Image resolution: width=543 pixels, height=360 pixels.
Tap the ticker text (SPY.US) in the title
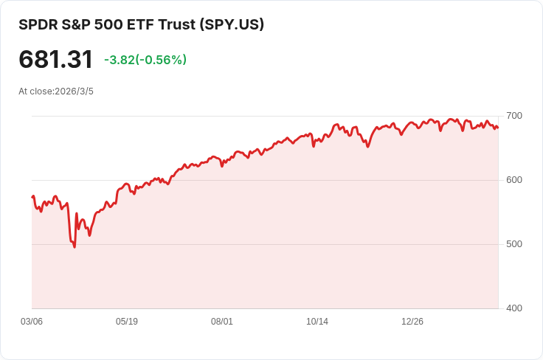point(232,24)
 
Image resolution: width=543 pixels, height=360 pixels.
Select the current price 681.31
point(56,60)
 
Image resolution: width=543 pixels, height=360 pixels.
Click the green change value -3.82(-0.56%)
point(145,60)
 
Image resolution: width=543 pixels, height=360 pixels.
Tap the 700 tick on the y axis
point(513,116)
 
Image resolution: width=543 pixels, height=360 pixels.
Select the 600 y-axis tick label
point(513,180)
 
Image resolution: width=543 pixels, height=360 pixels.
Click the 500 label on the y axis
point(513,244)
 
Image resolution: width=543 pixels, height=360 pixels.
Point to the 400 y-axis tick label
point(513,308)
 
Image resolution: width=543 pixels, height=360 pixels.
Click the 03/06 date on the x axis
point(32,322)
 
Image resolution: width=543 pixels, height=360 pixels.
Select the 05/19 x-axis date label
point(127,322)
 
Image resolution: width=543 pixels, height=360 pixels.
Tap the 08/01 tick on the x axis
point(222,322)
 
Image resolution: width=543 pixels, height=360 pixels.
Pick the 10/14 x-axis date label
point(317,322)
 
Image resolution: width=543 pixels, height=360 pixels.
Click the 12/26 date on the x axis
point(412,322)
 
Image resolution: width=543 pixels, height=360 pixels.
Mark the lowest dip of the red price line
point(75,246)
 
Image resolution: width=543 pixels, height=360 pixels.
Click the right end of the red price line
point(498,128)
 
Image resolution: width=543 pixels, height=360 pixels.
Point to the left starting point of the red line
point(32,197)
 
